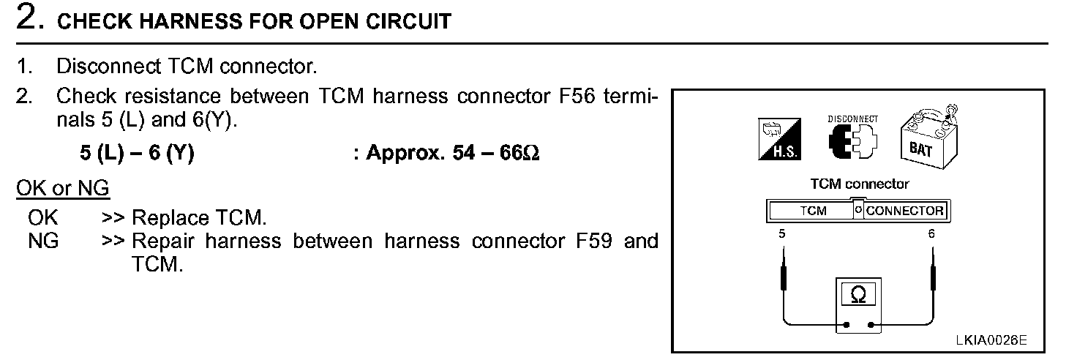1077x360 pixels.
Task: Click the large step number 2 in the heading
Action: (x=27, y=18)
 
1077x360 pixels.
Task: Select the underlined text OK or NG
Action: (x=63, y=188)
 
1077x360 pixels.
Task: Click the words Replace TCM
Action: (x=199, y=217)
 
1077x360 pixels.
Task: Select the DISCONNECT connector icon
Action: (x=852, y=138)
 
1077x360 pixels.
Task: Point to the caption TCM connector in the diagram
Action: (x=859, y=184)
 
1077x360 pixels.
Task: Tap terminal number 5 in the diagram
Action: (x=782, y=234)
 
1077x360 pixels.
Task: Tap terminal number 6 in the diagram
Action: (x=931, y=234)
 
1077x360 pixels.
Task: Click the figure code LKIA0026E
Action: (x=991, y=340)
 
